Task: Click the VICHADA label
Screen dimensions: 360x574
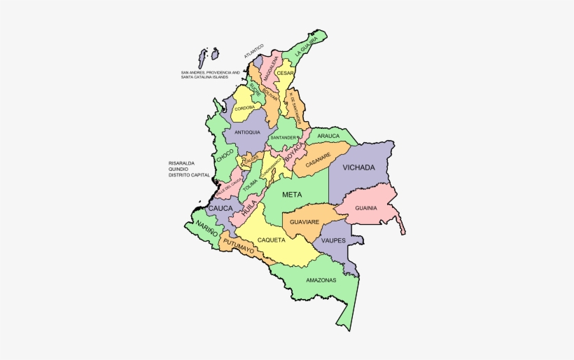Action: (358, 167)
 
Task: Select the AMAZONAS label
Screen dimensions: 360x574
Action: (321, 280)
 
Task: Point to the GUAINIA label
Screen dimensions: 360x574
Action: (366, 207)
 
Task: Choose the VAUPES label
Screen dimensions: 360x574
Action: (334, 240)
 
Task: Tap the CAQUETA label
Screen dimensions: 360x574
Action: (272, 240)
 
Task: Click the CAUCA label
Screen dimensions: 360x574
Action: (220, 208)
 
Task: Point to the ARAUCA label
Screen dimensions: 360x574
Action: (328, 136)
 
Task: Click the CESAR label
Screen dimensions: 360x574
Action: (285, 73)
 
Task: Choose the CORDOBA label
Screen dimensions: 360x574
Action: (244, 108)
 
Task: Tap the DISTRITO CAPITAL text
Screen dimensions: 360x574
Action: (189, 175)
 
